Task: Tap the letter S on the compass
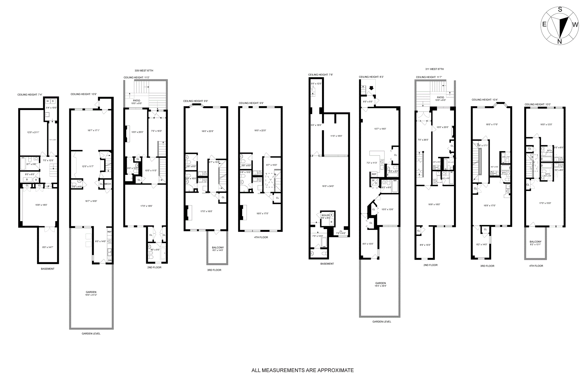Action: (x=560, y=9)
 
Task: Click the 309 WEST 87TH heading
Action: (x=144, y=70)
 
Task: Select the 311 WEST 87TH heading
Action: (x=434, y=69)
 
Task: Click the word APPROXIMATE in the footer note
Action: (x=335, y=370)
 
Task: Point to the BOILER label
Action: (x=325, y=216)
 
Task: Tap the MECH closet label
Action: (x=108, y=184)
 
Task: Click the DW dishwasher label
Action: (x=110, y=260)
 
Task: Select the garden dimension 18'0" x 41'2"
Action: (x=91, y=295)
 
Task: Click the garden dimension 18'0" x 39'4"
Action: (x=381, y=286)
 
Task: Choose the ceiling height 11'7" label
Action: (x=429, y=77)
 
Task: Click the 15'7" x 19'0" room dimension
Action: (x=380, y=129)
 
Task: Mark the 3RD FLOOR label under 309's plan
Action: (x=214, y=270)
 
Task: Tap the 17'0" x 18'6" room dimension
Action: (x=146, y=206)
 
